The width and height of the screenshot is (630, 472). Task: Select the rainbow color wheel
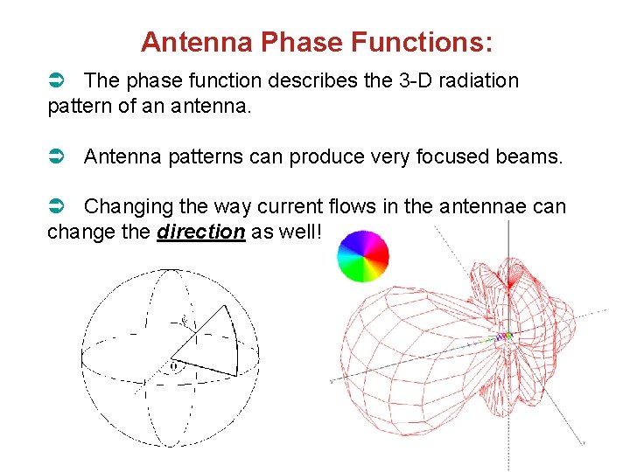pos(363,255)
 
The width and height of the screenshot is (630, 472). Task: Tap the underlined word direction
pos(201,232)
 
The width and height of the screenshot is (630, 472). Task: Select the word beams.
pos(534,156)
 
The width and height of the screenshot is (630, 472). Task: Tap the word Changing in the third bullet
pos(126,207)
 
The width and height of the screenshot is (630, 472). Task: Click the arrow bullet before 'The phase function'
pos(54,81)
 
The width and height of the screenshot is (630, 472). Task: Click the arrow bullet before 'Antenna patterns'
pos(54,156)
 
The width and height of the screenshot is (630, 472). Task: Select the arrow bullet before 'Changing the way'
pos(54,207)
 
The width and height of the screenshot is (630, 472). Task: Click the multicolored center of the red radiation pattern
pos(503,337)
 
